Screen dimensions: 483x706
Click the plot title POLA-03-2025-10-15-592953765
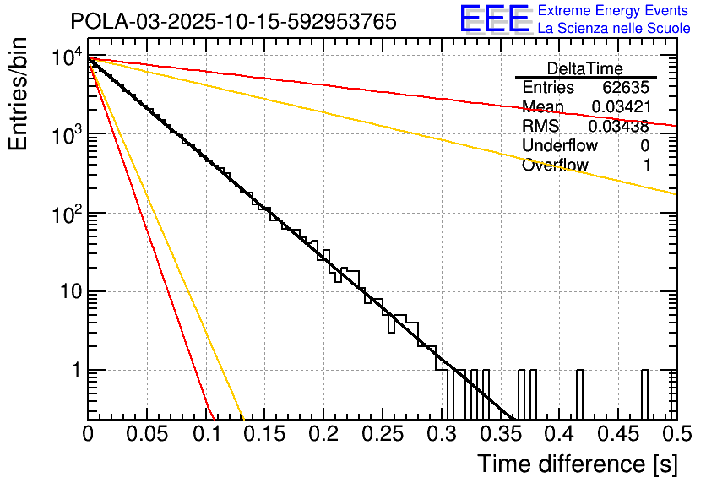tap(233, 22)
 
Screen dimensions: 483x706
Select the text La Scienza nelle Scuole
tap(614, 29)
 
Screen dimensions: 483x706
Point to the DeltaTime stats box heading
tap(585, 68)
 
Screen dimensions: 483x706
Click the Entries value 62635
tap(626, 88)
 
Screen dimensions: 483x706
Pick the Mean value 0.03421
tap(620, 106)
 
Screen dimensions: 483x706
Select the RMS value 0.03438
tap(619, 126)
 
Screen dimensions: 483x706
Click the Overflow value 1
tap(647, 165)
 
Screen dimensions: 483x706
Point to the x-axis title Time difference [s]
tap(576, 463)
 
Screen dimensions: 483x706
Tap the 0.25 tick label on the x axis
tap(382, 435)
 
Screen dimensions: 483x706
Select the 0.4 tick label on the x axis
tap(558, 435)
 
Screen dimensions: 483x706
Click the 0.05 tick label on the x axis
tap(147, 435)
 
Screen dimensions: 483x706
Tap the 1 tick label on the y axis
tap(74, 371)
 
